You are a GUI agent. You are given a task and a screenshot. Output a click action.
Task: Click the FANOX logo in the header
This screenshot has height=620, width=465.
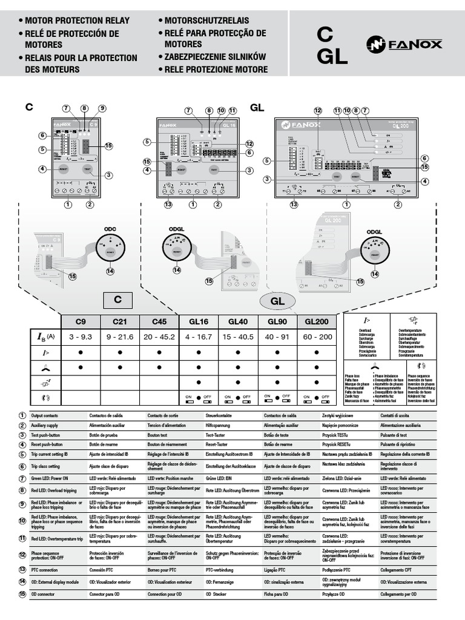point(404,44)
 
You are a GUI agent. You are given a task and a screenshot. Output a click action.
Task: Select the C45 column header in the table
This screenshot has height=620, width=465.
point(159,322)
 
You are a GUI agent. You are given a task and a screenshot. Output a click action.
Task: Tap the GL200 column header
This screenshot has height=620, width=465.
point(318,322)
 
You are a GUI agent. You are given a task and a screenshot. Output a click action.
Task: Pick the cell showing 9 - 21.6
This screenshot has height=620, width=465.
point(120,336)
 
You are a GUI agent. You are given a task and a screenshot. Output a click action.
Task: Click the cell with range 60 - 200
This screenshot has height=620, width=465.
point(318,336)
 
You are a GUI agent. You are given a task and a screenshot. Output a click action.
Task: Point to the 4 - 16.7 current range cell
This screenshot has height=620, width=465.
point(199,336)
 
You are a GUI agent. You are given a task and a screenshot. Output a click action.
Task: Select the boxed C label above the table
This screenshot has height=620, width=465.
point(118,299)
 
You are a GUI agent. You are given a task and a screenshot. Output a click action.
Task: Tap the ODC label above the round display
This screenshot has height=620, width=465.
point(110,229)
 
